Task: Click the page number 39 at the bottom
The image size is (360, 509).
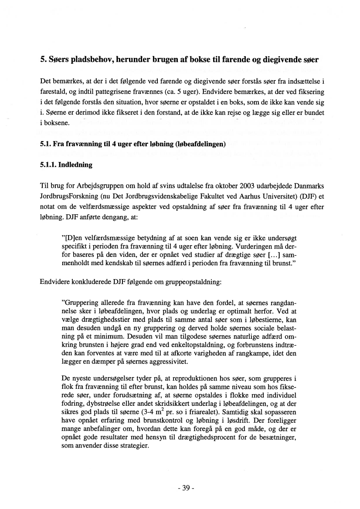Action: coord(186,488)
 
